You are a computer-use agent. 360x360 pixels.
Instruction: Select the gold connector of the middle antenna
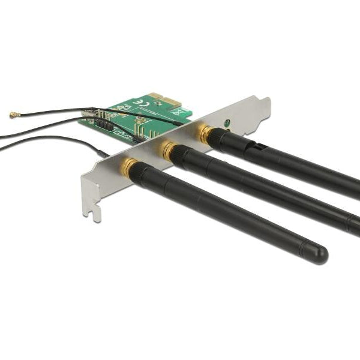[167, 151]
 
